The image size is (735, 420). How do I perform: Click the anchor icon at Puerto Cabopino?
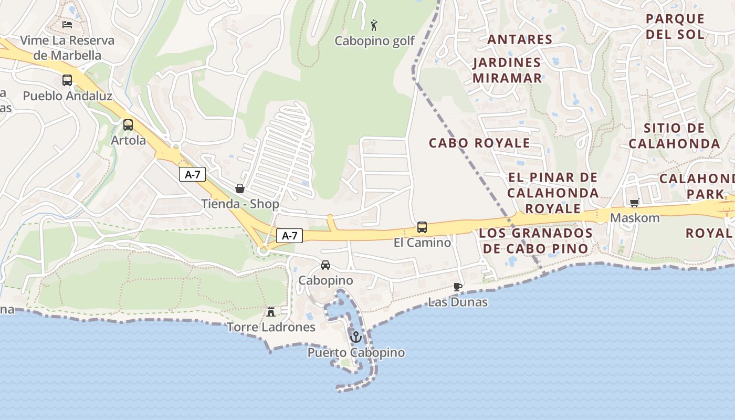[x=356, y=337]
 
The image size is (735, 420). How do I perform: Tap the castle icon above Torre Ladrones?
[x=271, y=311]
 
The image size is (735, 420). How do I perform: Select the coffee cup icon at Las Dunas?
[x=458, y=287]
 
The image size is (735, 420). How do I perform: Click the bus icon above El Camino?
[x=422, y=227]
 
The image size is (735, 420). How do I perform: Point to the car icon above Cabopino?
[x=325, y=265]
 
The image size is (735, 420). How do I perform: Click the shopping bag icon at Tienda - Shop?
[x=240, y=188]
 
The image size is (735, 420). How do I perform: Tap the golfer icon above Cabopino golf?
[x=374, y=25]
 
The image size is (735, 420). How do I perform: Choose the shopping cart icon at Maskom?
[x=634, y=203]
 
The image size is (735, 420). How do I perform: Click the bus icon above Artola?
[x=128, y=125]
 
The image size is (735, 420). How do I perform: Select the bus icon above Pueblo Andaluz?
[x=67, y=80]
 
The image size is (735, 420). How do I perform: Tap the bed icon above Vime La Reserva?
[x=67, y=24]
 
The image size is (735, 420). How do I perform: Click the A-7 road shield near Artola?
[x=192, y=174]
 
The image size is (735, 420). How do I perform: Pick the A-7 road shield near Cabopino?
[x=289, y=236]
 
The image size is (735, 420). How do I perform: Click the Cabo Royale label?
[x=479, y=143]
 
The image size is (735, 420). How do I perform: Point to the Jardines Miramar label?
[x=507, y=70]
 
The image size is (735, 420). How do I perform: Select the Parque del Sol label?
[x=675, y=26]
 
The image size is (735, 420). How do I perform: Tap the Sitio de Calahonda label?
[x=675, y=136]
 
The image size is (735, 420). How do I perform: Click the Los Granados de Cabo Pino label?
[x=536, y=240]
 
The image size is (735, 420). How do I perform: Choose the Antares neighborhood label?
[x=520, y=39]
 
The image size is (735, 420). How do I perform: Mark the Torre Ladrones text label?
[x=271, y=327]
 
